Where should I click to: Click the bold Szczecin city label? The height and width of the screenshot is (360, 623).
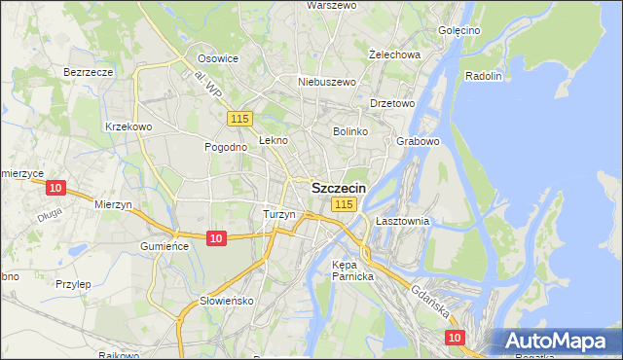tap(339, 188)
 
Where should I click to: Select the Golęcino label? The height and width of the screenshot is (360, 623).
tap(459, 30)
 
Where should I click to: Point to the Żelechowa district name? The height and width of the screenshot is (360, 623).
tap(395, 54)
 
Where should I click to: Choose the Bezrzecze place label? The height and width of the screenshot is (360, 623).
tap(89, 72)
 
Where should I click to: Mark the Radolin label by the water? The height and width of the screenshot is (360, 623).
tap(484, 76)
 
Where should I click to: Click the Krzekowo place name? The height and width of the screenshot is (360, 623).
tap(128, 126)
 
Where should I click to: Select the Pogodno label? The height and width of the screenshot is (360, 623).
tap(224, 147)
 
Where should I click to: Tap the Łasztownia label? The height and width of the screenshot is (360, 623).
tap(402, 222)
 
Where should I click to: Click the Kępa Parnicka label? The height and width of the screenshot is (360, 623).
tap(352, 270)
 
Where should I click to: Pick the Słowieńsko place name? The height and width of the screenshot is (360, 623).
tap(226, 301)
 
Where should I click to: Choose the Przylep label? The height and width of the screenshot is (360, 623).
tap(73, 284)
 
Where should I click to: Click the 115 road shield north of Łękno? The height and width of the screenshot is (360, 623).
tap(241, 119)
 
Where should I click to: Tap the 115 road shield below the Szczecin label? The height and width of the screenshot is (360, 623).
tap(343, 204)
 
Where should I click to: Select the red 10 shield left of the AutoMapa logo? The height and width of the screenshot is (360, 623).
tap(455, 337)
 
